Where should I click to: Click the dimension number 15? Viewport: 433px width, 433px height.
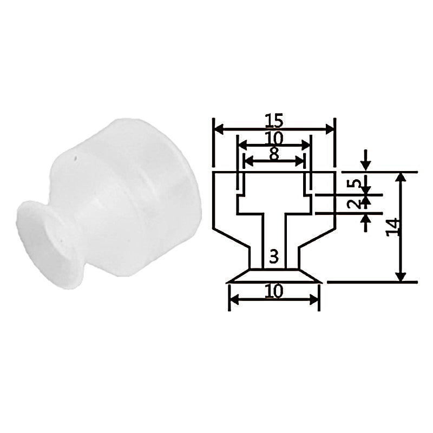274,120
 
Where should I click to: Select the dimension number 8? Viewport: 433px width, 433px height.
274,154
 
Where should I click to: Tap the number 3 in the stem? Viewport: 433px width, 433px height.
274,257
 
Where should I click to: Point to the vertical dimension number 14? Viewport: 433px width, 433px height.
392,227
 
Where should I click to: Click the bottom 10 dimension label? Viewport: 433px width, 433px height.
274,291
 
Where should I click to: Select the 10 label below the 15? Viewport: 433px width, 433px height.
274,138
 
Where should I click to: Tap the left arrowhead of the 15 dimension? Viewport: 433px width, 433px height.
219,129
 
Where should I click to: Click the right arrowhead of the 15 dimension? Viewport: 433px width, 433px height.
330,129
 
